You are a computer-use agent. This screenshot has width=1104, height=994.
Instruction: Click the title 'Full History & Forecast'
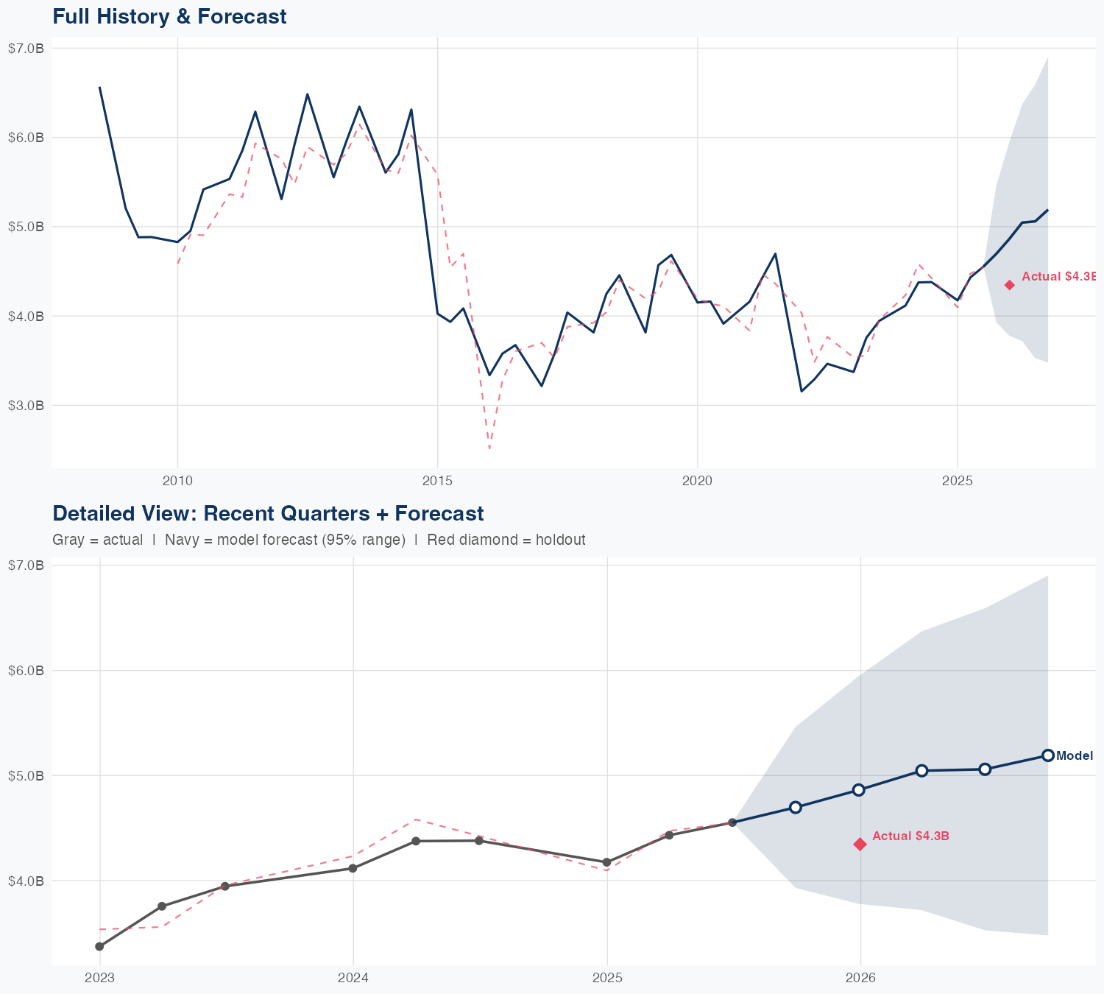pos(169,16)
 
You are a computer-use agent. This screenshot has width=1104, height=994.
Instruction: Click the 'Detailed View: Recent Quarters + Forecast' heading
pos(268,513)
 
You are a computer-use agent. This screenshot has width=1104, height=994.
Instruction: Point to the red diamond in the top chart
pos(1010,285)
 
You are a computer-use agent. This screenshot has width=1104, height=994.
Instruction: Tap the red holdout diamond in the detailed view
pos(860,844)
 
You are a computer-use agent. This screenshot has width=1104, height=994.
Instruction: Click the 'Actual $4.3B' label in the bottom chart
pos(910,836)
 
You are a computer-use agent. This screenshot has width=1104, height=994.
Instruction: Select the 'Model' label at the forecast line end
pos(1075,755)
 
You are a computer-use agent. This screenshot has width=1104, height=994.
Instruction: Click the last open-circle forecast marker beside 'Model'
pos(1048,755)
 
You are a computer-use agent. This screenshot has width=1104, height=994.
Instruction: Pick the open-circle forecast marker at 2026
pos(858,789)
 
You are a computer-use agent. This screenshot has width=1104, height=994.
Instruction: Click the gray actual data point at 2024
pos(353,868)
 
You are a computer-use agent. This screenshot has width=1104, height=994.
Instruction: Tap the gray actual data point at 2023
pos(99,946)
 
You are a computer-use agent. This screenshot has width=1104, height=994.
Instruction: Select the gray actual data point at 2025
pos(606,862)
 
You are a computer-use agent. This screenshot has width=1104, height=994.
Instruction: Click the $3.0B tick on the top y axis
pos(26,405)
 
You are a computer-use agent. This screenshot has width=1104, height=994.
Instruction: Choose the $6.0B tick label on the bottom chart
pos(26,670)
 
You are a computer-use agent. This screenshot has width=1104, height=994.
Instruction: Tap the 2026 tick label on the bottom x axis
pos(860,978)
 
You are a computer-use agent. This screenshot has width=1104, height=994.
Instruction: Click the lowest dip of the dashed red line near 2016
pos(489,448)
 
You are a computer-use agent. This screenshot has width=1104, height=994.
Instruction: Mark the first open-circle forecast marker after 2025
pos(795,807)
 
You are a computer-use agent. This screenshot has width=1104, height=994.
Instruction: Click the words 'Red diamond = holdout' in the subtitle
pos(506,540)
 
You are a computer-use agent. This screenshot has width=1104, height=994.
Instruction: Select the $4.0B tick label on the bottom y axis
pos(26,881)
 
